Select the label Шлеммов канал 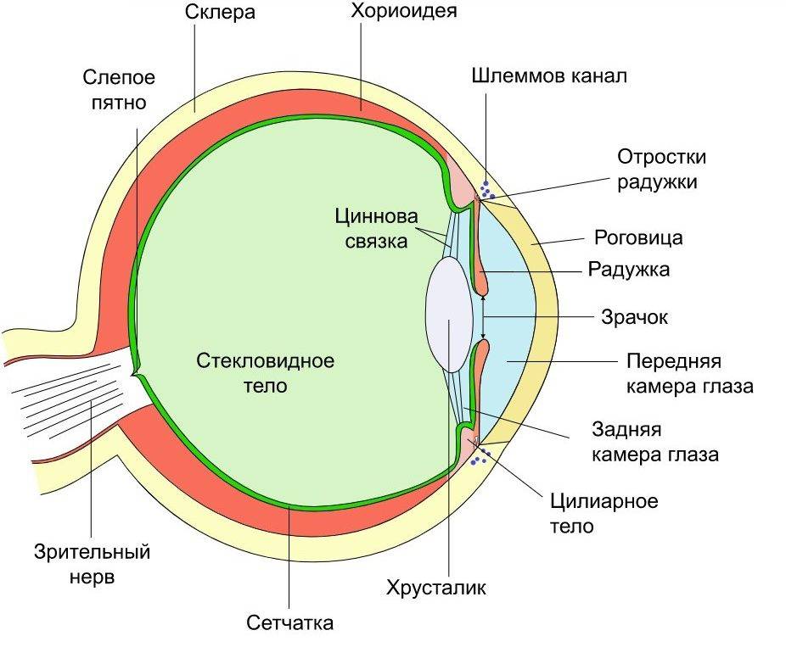[x=549, y=77]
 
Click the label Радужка [x=629, y=271]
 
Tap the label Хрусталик [x=435, y=588]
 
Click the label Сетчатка [x=290, y=623]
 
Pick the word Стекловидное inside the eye [x=265, y=361]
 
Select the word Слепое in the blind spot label [x=119, y=78]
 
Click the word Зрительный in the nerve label [x=93, y=553]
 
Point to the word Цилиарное [x=604, y=501]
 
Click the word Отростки [x=661, y=158]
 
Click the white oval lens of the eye [x=449, y=314]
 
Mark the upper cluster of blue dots [x=486, y=189]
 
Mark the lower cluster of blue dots [x=480, y=459]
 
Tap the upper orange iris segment [x=480, y=246]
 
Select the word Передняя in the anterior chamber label [x=673, y=362]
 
